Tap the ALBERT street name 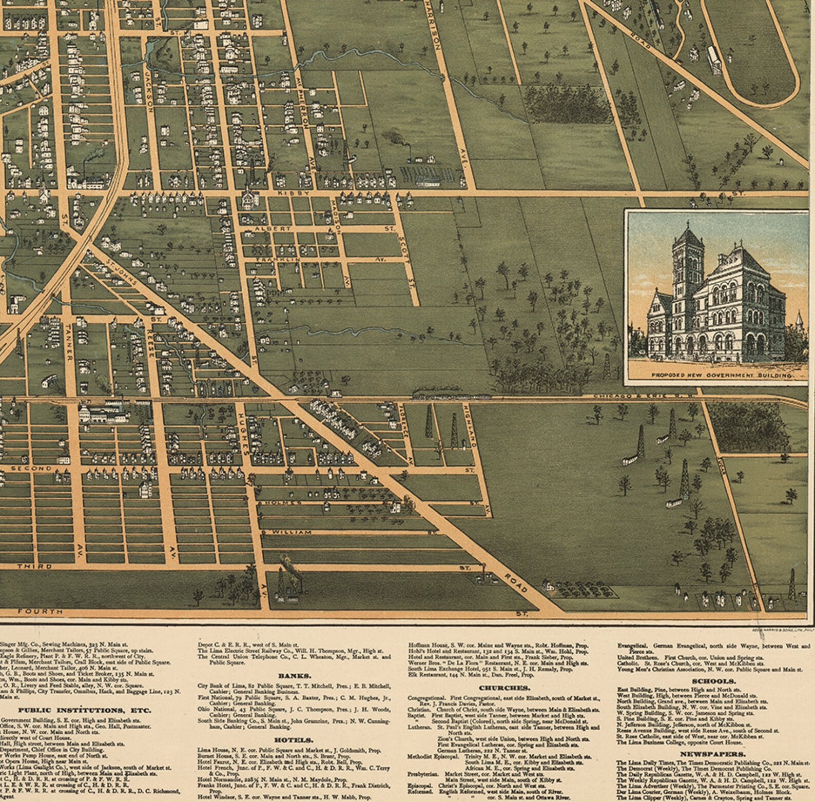(276, 228)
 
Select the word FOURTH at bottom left (40, 611)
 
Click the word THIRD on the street (34, 566)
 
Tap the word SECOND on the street (31, 468)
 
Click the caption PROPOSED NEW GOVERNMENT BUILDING (721, 376)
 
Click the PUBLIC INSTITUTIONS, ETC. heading (85, 710)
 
